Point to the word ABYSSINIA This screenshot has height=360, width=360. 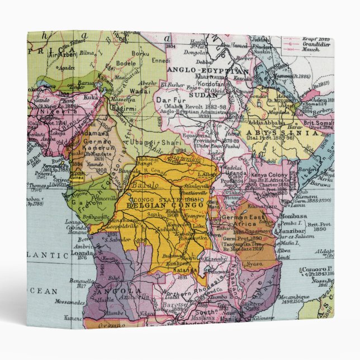coord(281,134)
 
